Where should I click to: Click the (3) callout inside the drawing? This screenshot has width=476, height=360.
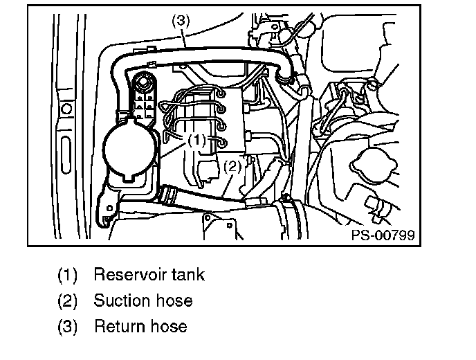tap(181, 21)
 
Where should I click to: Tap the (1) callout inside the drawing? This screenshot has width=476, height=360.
tap(197, 139)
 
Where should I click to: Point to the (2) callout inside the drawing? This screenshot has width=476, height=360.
tap(232, 165)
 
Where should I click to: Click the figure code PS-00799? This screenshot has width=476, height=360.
tap(383, 235)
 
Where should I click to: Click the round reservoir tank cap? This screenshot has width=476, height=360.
tap(127, 147)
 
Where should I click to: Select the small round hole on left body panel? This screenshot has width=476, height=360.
tap(66, 109)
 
